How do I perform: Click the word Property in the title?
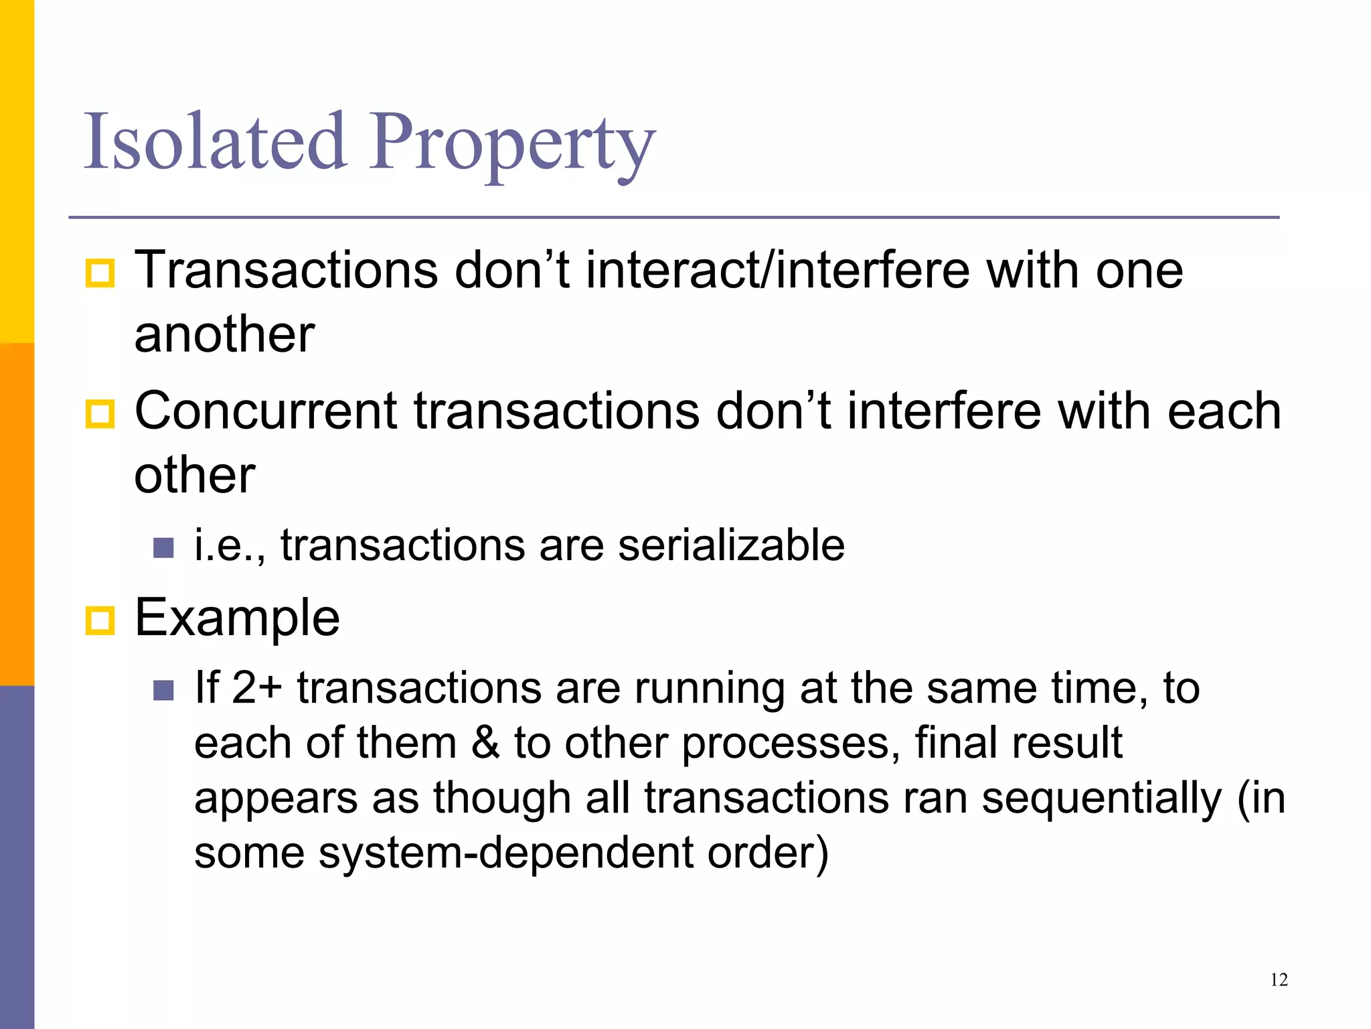512,144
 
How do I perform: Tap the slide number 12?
1279,980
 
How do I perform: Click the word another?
224,334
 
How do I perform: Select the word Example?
237,618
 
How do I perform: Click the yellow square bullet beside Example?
100,620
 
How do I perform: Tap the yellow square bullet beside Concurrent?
100,413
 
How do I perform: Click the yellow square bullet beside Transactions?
100,273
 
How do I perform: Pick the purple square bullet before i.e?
163,547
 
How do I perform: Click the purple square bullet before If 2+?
163,690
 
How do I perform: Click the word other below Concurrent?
195,475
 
